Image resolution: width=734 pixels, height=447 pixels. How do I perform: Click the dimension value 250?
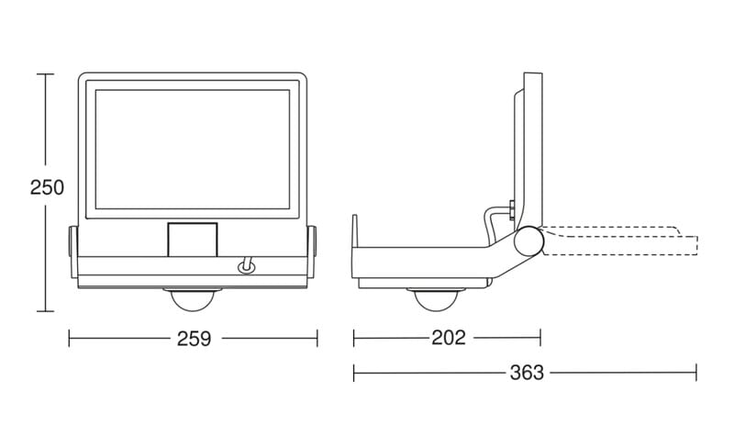[x=47, y=187]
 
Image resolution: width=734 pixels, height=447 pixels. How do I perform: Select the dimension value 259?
[x=194, y=339]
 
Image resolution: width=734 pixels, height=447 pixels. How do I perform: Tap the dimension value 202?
[x=449, y=338]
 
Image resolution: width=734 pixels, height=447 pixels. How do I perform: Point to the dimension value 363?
[x=526, y=373]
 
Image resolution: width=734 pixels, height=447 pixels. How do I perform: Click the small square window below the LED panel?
[x=193, y=240]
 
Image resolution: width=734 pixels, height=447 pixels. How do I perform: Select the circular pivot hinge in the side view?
[x=528, y=240]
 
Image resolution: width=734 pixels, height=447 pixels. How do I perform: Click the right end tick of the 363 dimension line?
[x=696, y=373]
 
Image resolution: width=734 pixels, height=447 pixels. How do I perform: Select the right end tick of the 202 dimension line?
[x=540, y=339]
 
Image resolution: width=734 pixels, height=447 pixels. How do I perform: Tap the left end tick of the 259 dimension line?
[x=70, y=339]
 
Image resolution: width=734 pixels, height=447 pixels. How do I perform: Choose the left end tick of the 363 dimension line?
[x=354, y=373]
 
